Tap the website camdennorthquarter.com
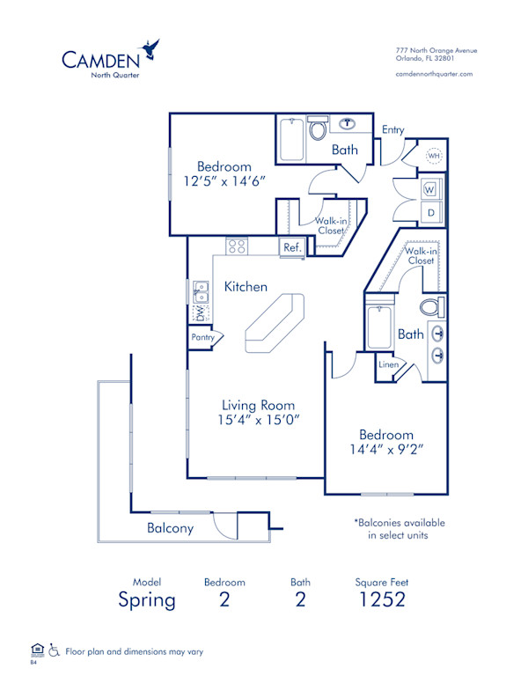pyautogui.click(x=434, y=74)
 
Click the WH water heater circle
pyautogui.click(x=434, y=156)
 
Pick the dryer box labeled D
pyautogui.click(x=431, y=212)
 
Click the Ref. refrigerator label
pyautogui.click(x=292, y=247)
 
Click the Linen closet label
pyautogui.click(x=387, y=364)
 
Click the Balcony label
pyautogui.click(x=170, y=528)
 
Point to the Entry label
pyautogui.click(x=392, y=130)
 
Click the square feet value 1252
pyautogui.click(x=381, y=600)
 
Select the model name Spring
pyautogui.click(x=147, y=600)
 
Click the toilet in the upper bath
pyautogui.click(x=318, y=130)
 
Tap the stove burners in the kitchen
pyautogui.click(x=237, y=246)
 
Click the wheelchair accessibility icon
pyautogui.click(x=54, y=650)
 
